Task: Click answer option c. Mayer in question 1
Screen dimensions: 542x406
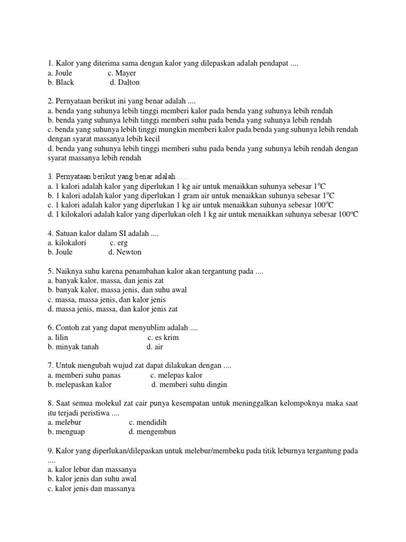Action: [122, 73]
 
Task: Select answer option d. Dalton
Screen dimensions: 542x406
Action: [125, 83]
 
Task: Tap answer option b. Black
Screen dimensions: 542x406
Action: [61, 83]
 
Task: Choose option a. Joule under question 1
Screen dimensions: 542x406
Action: [60, 73]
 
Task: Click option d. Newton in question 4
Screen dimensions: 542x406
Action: [125, 252]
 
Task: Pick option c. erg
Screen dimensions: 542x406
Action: [119, 242]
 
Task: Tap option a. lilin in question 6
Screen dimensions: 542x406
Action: [58, 337]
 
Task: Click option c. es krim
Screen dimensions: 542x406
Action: [163, 337]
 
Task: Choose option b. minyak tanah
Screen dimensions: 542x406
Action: [73, 347]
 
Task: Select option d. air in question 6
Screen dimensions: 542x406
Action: [155, 347]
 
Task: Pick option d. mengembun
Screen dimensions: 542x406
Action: [152, 432]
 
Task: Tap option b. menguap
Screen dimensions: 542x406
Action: [66, 432]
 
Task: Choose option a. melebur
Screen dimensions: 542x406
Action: [65, 422]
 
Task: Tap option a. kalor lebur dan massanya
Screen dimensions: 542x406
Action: [91, 469]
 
